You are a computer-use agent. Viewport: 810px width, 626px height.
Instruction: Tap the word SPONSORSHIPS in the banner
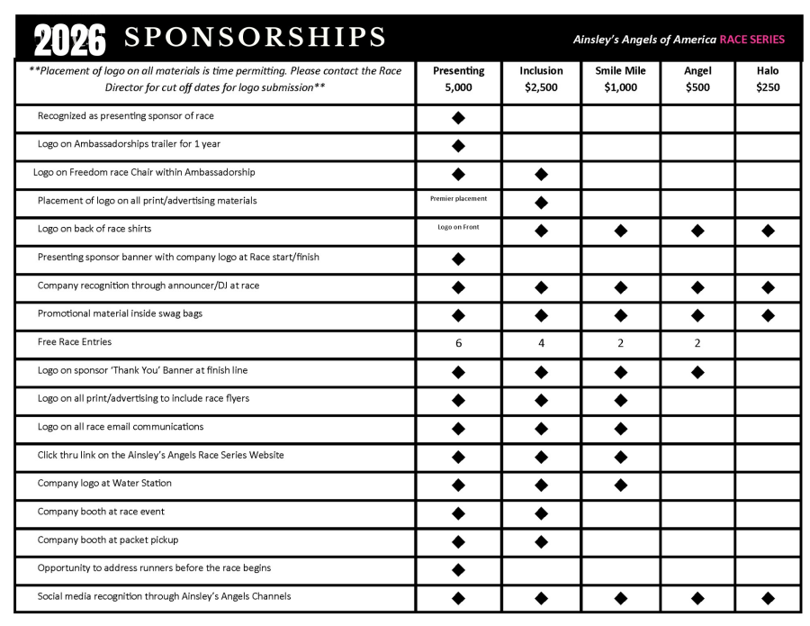click(255, 38)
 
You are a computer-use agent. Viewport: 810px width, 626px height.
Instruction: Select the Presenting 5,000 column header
click(458, 79)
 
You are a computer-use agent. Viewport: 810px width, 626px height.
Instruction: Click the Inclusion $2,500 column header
click(541, 79)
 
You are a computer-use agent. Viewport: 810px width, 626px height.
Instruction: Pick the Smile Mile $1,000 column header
click(620, 79)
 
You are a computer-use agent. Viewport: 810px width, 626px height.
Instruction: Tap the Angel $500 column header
click(697, 79)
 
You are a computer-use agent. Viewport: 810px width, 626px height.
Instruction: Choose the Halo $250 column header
click(768, 79)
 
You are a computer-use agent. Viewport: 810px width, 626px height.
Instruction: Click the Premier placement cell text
click(458, 198)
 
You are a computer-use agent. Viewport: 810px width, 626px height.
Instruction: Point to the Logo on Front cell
click(458, 227)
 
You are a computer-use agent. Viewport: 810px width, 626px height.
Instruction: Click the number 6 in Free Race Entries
click(458, 343)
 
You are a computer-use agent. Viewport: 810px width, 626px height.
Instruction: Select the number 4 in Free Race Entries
click(541, 343)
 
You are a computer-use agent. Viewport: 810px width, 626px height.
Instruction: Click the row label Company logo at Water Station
click(104, 483)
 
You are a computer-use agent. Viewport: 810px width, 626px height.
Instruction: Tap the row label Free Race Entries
click(75, 342)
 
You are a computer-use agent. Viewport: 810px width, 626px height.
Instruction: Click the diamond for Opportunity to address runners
click(458, 569)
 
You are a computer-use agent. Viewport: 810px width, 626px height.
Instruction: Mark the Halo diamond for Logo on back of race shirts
click(768, 231)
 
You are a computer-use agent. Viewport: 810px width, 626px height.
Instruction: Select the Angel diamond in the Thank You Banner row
click(697, 372)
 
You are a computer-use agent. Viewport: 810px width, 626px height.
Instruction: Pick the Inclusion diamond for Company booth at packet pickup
click(541, 541)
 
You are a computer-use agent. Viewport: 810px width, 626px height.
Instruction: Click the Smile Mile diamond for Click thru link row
click(620, 457)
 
